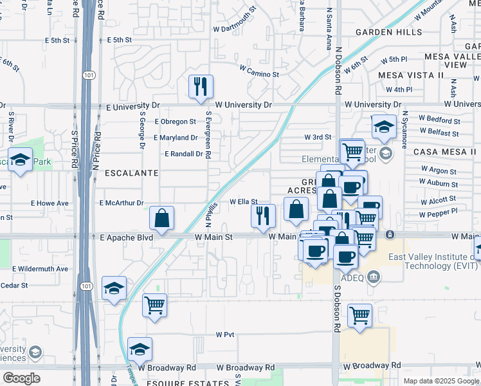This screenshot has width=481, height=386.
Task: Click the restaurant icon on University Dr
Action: (x=201, y=86)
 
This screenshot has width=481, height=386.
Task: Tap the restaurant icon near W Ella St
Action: (x=262, y=216)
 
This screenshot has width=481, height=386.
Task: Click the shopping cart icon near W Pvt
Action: (x=155, y=306)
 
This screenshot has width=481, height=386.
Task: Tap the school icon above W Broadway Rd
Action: (x=140, y=349)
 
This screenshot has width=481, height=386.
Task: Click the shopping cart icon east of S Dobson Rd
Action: (x=360, y=315)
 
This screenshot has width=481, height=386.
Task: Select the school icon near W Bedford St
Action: (x=384, y=126)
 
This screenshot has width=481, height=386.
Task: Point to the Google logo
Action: (x=21, y=378)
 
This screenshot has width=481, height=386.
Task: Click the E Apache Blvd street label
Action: (x=127, y=237)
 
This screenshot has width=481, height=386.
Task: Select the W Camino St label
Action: (x=259, y=71)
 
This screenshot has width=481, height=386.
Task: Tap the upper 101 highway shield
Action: (x=89, y=75)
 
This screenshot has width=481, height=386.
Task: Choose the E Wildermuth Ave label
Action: (x=40, y=268)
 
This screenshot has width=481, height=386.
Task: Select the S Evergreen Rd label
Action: (x=208, y=135)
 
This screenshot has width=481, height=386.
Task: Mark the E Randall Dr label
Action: (x=184, y=154)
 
